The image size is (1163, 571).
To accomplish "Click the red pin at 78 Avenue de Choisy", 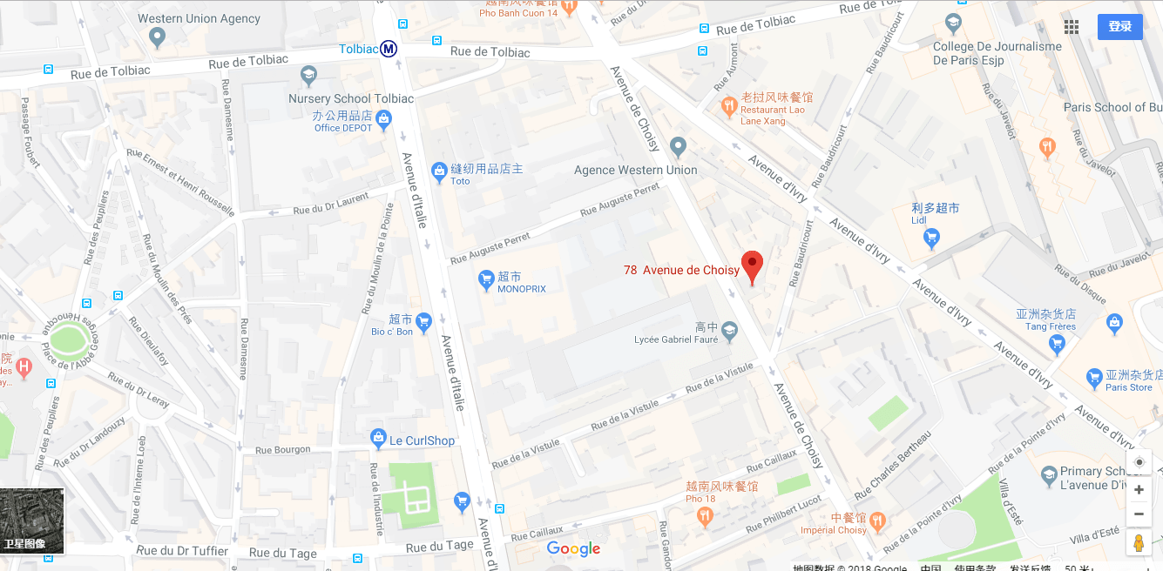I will pyautogui.click(x=752, y=265).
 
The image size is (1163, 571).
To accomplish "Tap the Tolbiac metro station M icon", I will pyautogui.click(x=389, y=49).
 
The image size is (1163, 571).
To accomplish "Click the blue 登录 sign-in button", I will pyautogui.click(x=1119, y=27).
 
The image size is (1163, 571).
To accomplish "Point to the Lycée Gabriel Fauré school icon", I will pyautogui.click(x=730, y=331).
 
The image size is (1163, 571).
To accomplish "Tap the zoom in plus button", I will pyautogui.click(x=1139, y=490).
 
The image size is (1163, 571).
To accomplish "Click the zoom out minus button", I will pyautogui.click(x=1139, y=514).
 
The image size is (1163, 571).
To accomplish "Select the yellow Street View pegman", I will pyautogui.click(x=1139, y=543).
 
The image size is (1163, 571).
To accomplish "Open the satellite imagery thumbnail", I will pyautogui.click(x=32, y=521).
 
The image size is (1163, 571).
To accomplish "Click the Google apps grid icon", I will pyautogui.click(x=1072, y=27).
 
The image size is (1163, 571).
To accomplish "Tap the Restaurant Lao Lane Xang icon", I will pyautogui.click(x=729, y=108).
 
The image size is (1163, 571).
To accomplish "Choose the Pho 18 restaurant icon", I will pyautogui.click(x=705, y=515).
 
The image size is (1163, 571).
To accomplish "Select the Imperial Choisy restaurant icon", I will pyautogui.click(x=877, y=521).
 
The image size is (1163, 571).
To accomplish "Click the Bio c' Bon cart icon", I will pyautogui.click(x=423, y=322).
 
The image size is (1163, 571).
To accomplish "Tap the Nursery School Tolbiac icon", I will pyautogui.click(x=308, y=76).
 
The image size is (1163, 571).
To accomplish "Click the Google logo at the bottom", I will pyautogui.click(x=573, y=548).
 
